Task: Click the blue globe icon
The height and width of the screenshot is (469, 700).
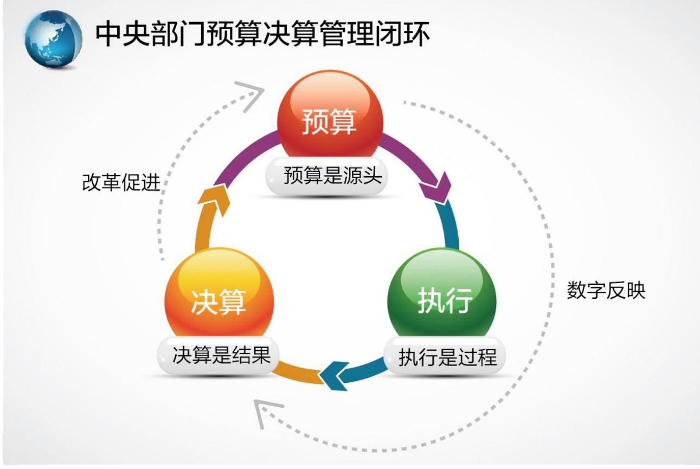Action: tap(53, 39)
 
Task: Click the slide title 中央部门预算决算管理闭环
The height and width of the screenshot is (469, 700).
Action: tap(263, 34)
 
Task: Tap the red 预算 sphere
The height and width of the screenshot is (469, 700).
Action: tap(330, 114)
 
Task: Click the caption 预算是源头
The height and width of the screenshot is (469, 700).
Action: tap(333, 176)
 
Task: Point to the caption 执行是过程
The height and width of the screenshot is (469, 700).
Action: tap(447, 357)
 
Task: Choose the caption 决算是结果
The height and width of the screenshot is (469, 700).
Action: tap(222, 355)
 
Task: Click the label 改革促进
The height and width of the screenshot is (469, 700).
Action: tap(121, 182)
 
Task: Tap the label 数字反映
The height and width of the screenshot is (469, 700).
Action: tap(606, 290)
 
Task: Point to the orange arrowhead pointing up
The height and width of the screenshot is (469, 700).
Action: tap(214, 200)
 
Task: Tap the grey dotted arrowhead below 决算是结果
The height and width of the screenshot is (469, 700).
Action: tap(266, 413)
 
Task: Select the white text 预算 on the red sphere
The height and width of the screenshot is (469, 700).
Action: tap(329, 121)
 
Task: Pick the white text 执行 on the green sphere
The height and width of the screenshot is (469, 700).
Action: tap(445, 300)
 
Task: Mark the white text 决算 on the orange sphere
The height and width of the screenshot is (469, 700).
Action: tap(219, 302)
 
